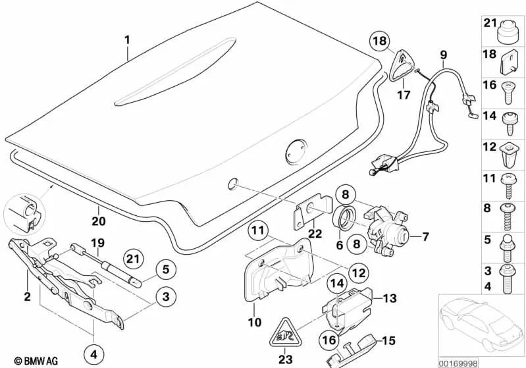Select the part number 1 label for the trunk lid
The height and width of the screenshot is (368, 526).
(x=128, y=39)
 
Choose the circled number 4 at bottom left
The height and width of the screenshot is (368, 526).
(x=93, y=354)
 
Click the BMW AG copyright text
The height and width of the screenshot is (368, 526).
(x=24, y=361)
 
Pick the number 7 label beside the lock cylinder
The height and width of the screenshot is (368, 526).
(x=425, y=236)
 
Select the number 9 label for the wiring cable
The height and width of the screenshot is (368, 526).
(x=443, y=54)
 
